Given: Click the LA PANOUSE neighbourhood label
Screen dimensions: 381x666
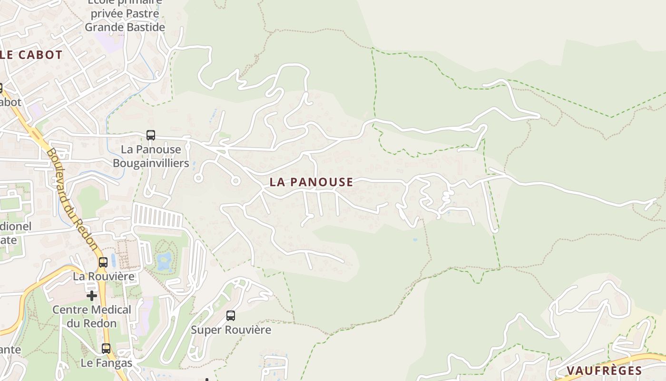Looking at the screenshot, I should pyautogui.click(x=311, y=182).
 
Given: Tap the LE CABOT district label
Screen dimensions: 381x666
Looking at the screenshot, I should pyautogui.click(x=31, y=55).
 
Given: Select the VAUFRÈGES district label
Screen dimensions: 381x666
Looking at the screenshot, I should pyautogui.click(x=604, y=371).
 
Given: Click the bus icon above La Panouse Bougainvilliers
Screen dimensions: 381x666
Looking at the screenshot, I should pyautogui.click(x=151, y=135).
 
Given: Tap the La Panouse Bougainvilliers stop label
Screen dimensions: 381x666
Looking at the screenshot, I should pyautogui.click(x=151, y=156).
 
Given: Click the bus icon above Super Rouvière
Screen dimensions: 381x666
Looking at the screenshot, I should pyautogui.click(x=231, y=315).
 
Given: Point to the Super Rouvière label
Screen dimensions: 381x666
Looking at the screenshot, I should pyautogui.click(x=231, y=330).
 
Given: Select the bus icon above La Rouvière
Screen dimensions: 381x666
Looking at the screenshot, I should pyautogui.click(x=103, y=262).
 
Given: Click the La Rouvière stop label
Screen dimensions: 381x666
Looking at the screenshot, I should pyautogui.click(x=103, y=276).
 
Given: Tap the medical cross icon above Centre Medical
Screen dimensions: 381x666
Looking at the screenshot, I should pyautogui.click(x=91, y=296).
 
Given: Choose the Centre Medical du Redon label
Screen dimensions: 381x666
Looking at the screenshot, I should pyautogui.click(x=91, y=316).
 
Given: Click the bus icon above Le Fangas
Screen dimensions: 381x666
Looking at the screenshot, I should pyautogui.click(x=106, y=349).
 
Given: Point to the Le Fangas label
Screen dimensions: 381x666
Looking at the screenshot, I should pyautogui.click(x=106, y=363).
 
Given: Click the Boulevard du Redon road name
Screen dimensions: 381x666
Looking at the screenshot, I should pyautogui.click(x=73, y=201).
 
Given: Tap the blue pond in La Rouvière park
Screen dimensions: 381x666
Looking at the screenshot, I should pyautogui.click(x=164, y=261).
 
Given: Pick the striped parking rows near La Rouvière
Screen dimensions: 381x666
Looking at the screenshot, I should pyautogui.click(x=157, y=216).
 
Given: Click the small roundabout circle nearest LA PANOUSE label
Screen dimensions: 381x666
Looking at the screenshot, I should pyautogui.click(x=235, y=181).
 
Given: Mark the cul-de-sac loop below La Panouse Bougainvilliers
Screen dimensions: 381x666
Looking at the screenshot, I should pyautogui.click(x=198, y=178).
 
